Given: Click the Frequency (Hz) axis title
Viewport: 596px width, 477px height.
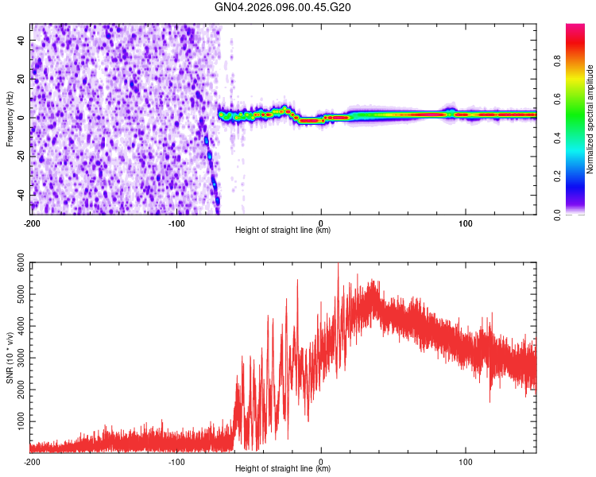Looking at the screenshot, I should [10, 119].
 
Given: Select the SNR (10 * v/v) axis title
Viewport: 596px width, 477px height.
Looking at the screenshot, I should [10, 358].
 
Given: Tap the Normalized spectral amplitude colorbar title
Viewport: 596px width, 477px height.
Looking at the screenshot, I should [590, 119].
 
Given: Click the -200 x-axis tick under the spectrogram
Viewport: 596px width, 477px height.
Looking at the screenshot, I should [32, 223].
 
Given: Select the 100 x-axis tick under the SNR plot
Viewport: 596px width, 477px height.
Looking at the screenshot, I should [466, 461].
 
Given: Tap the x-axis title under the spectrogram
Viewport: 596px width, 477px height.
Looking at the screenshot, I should [283, 231].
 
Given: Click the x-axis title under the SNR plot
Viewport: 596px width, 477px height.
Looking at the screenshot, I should [283, 469].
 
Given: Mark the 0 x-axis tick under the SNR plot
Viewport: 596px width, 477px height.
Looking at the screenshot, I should [321, 461].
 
